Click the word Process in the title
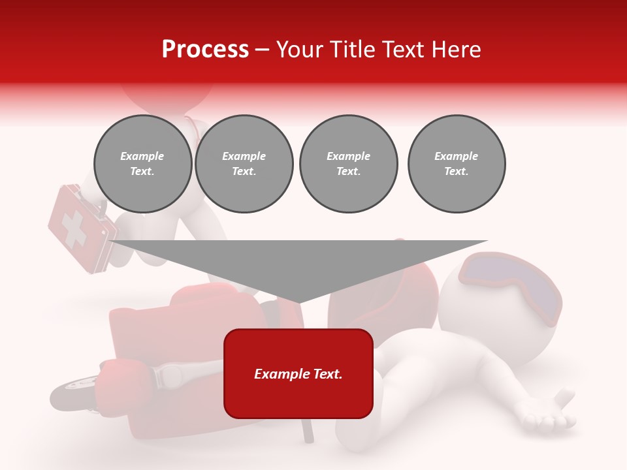click(205, 50)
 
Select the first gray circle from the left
click(142, 164)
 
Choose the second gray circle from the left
click(244, 164)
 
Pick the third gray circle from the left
click(349, 164)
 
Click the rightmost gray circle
click(457, 164)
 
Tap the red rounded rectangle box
click(298, 373)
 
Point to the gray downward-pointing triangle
click(298, 264)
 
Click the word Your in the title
click(302, 50)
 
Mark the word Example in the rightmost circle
click(457, 156)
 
